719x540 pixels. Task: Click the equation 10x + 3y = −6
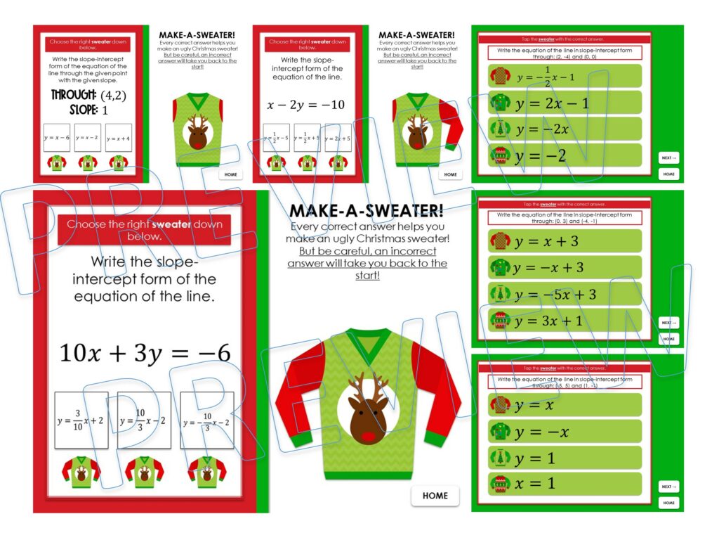145,353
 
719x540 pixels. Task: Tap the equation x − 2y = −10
306,105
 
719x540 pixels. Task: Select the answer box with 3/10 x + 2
81,420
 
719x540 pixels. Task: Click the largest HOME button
435,496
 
